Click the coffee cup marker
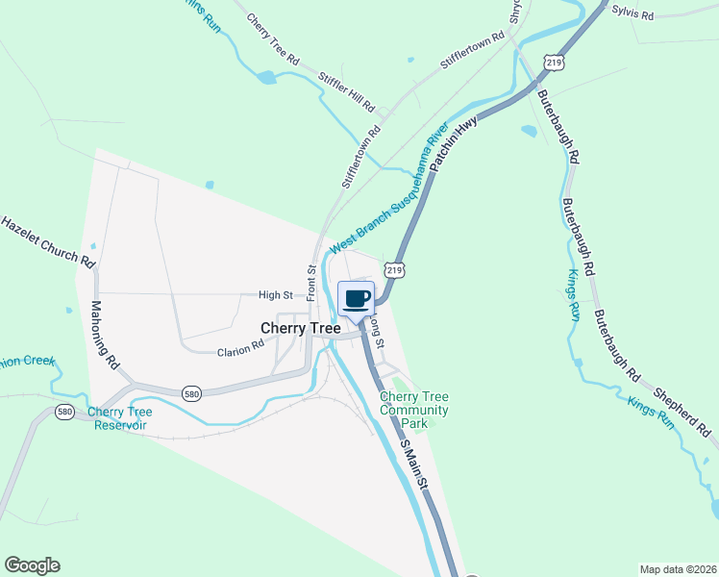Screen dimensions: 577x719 point(356,298)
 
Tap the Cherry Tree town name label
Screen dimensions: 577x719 point(301,328)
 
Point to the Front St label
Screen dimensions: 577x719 point(311,284)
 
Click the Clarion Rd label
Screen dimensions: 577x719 point(239,352)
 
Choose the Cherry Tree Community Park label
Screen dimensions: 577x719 point(414,410)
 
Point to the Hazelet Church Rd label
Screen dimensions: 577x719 point(47,241)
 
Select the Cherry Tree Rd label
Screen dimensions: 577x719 point(273,38)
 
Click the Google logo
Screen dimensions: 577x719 point(32,565)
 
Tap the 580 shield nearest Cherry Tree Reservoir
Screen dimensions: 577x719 point(65,412)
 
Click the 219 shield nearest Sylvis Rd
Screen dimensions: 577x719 point(553,62)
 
